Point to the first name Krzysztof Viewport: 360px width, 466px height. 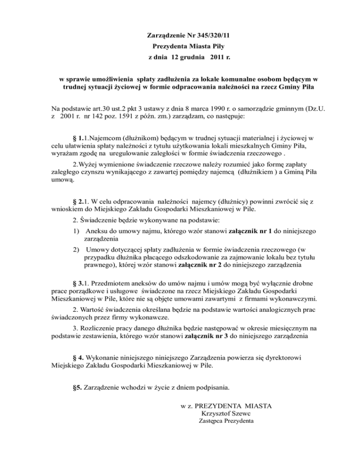click(214, 413)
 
